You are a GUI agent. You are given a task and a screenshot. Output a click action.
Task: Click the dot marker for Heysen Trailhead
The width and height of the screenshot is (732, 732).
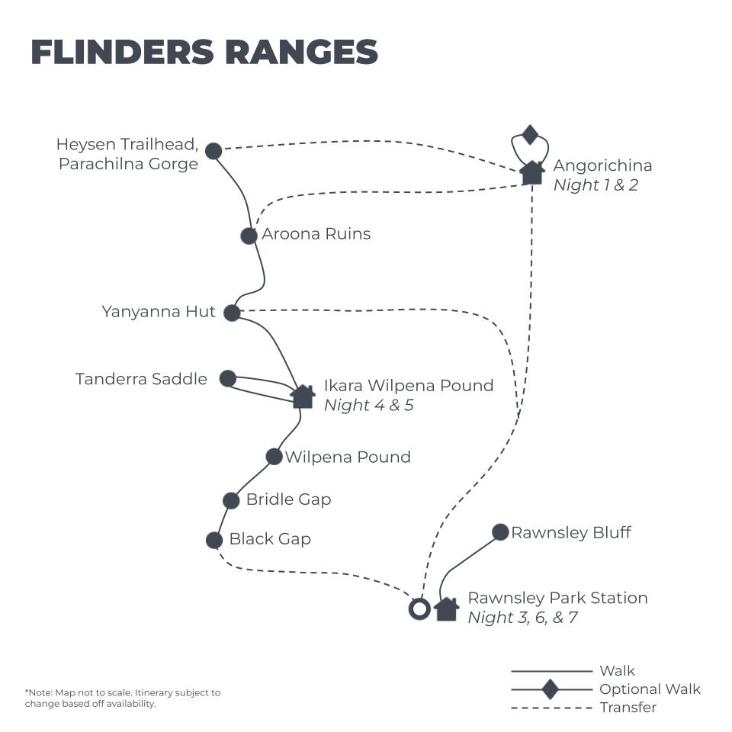click(x=213, y=151)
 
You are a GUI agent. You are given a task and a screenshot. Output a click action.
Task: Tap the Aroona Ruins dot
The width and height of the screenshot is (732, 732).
click(x=249, y=236)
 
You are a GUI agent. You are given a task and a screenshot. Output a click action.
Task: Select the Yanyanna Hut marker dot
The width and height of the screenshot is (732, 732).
click(x=232, y=312)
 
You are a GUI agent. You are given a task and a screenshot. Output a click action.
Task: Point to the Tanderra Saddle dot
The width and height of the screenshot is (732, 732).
click(x=227, y=378)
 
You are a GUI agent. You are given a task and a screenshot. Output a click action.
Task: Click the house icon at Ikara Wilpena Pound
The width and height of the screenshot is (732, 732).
click(x=303, y=396)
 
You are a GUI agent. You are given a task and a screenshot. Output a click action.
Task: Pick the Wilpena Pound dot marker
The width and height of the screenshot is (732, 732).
click(x=274, y=457)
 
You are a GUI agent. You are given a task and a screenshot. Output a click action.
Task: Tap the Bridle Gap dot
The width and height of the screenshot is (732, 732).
click(x=231, y=500)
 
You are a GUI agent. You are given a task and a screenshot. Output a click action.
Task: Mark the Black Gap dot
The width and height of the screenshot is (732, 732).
click(x=214, y=540)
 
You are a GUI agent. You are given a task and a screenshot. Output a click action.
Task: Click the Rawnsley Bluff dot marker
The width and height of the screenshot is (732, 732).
click(x=500, y=532)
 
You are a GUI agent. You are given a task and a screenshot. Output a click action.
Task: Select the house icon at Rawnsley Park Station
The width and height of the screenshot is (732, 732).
click(x=446, y=609)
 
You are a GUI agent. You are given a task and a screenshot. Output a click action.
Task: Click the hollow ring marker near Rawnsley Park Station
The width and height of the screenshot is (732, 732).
click(x=419, y=609)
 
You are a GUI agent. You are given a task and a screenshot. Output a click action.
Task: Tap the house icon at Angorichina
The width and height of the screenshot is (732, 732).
click(x=531, y=172)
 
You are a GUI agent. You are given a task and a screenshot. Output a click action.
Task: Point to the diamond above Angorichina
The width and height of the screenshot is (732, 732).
click(x=531, y=136)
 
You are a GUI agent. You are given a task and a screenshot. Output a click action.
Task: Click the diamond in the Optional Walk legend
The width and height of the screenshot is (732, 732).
click(x=550, y=689)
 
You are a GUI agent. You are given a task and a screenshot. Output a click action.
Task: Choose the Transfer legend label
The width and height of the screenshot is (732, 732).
click(x=628, y=708)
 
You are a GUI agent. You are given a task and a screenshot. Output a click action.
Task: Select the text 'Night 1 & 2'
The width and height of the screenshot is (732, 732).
click(x=596, y=185)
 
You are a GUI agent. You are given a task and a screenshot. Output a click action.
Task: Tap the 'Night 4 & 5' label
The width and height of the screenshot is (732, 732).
click(x=368, y=405)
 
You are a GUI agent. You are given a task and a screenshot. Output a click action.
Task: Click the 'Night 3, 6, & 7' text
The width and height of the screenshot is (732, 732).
click(x=522, y=618)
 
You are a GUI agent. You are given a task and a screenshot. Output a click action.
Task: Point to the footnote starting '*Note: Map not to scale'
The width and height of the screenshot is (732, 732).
click(x=122, y=698)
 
